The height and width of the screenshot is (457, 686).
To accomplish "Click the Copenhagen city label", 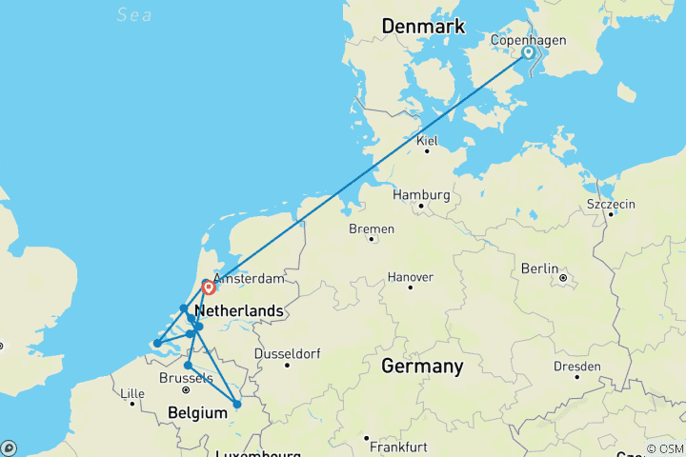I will [x=528, y=40].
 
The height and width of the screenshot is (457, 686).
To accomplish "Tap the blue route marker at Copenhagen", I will [x=529, y=54].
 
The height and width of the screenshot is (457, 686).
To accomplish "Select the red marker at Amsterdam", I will [x=208, y=286].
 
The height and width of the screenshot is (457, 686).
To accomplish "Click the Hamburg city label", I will [x=420, y=195].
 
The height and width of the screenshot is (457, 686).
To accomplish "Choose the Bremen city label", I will [x=373, y=229].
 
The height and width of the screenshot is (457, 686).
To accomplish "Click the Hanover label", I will [x=411, y=277].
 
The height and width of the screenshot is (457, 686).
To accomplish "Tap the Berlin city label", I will [x=539, y=269].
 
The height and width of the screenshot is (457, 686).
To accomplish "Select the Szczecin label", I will [x=612, y=205].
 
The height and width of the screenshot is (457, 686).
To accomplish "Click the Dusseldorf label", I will [x=286, y=354].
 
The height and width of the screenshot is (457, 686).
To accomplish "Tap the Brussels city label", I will [x=185, y=378].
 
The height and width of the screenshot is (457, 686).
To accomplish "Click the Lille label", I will [x=131, y=393].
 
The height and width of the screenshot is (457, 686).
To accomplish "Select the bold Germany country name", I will [x=422, y=366].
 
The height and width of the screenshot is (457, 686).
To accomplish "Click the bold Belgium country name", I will [x=197, y=412].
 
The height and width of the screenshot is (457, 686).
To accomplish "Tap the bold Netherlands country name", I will [x=238, y=311].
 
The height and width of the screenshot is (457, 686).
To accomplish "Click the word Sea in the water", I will [x=134, y=13].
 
